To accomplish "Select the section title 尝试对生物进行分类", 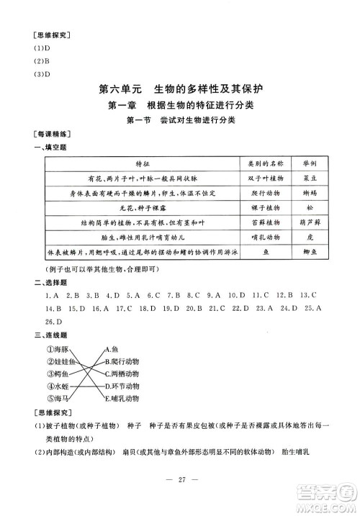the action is [x=204, y=121].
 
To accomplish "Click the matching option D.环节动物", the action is [x=120, y=386].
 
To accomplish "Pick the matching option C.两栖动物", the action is [x=120, y=374].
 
